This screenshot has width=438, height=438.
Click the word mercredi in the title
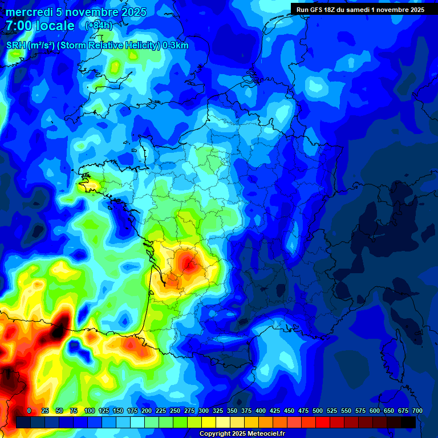pos(29,12)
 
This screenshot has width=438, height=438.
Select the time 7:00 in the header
pos(17,26)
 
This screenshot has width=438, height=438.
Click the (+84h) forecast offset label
pos(98,26)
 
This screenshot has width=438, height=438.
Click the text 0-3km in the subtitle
pos(175,46)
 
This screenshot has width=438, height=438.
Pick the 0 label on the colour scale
pos(29,411)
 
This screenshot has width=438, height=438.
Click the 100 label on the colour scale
pos(90,411)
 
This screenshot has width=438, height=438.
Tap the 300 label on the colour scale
pos(204,411)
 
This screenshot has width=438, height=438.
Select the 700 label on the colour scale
pos(417,411)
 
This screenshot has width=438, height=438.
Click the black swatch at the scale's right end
pos(408,422)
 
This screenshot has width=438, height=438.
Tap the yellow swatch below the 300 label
pos(209,422)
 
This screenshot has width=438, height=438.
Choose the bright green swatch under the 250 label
pos(180,422)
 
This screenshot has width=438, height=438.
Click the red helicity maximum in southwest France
pos(187,261)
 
